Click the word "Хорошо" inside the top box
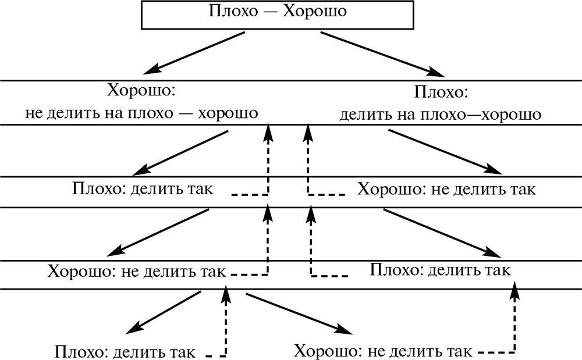click(315, 11)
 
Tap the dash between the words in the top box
click(268, 12)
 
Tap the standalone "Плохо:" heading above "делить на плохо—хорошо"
click(441, 93)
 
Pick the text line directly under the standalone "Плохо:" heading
click(441, 114)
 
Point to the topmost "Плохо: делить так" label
click(143, 189)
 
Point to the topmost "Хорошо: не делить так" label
click(446, 190)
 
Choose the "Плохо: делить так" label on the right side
click(441, 270)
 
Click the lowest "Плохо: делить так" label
click(125, 352)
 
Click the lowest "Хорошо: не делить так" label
click(382, 352)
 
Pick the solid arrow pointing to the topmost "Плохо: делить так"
click(180, 152)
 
